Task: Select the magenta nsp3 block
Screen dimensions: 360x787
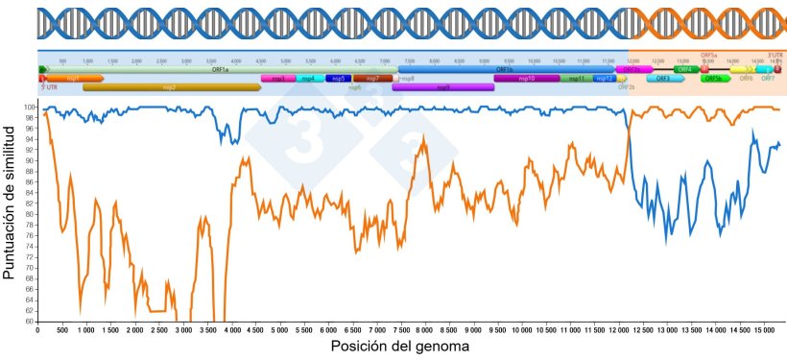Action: point(277,79)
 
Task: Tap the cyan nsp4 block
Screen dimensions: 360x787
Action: point(309,79)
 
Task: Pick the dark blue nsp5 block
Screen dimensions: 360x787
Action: point(338,79)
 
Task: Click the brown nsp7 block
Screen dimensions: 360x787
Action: point(371,79)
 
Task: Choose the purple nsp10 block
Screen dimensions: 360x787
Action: point(526,79)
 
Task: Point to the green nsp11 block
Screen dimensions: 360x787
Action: point(576,79)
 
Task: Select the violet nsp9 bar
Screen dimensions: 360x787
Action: point(442,87)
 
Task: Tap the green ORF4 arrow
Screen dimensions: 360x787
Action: point(685,70)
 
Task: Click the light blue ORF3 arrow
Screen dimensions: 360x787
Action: point(663,79)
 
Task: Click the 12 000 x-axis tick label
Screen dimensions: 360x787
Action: point(617,331)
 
